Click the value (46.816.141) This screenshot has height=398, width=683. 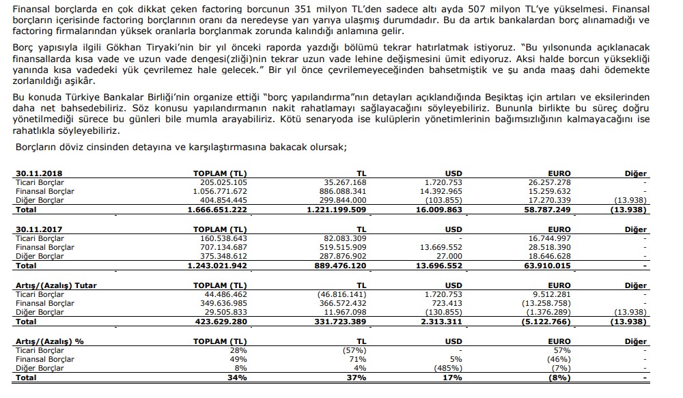pos(341,294)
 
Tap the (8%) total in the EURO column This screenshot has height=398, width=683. pos(561,377)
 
